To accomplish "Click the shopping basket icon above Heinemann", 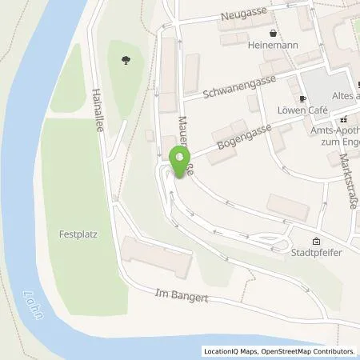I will click(x=274, y=34).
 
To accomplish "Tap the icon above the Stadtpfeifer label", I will click(x=316, y=242).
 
